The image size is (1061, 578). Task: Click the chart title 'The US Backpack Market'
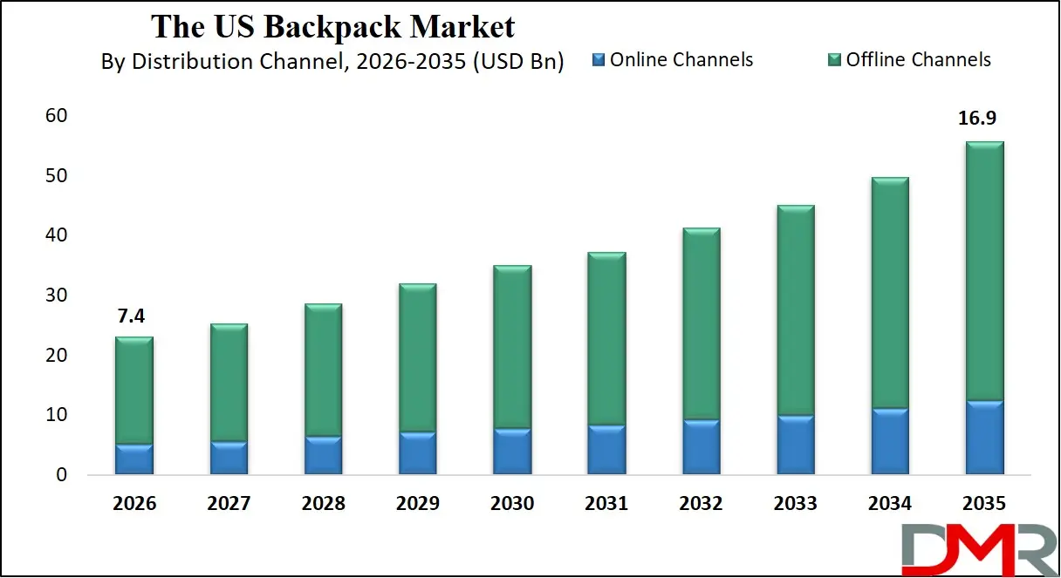pyautogui.click(x=332, y=27)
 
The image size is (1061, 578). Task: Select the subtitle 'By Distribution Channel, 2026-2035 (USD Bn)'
pyautogui.click(x=332, y=62)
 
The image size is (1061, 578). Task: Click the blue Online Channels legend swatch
pyautogui.click(x=598, y=60)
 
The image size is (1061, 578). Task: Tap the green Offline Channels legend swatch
pyautogui.click(x=834, y=60)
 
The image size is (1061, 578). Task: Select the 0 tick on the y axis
pyautogui.click(x=61, y=475)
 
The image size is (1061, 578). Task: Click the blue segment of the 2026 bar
pyautogui.click(x=134, y=459)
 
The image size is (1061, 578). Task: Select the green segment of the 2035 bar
pyautogui.click(x=983, y=270)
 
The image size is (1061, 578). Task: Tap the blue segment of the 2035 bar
pyautogui.click(x=983, y=438)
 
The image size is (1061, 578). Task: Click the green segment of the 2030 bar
pyautogui.click(x=512, y=346)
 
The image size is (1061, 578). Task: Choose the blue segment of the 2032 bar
pyautogui.click(x=701, y=447)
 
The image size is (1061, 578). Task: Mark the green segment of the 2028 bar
pyautogui.click(x=323, y=370)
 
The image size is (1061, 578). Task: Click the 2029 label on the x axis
pyautogui.click(x=417, y=504)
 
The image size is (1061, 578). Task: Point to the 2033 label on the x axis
pyautogui.click(x=795, y=504)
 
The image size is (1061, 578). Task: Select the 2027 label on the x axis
pyautogui.click(x=229, y=504)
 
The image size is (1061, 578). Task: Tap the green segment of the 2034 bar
pyautogui.click(x=889, y=292)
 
